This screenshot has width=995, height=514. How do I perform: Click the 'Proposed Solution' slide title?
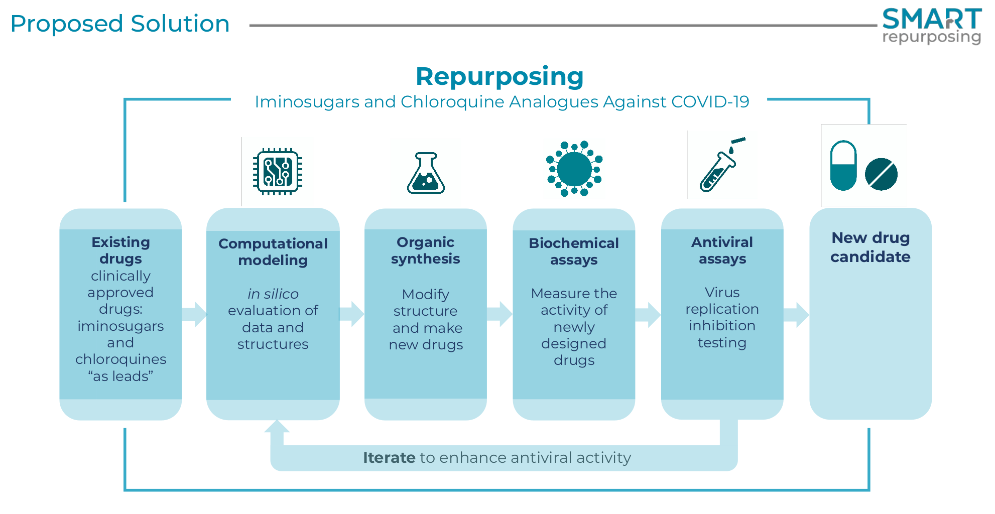tap(120, 24)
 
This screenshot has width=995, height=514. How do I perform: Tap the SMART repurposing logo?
tap(931, 26)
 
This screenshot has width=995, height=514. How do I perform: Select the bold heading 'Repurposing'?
tap(500, 77)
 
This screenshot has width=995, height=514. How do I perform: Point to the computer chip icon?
tap(278, 172)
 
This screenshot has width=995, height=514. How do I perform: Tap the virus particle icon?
tap(574, 169)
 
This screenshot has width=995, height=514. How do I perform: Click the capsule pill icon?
tap(843, 166)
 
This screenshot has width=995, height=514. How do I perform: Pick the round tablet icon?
tap(881, 174)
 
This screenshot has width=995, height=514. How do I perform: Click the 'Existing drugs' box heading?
tap(120, 250)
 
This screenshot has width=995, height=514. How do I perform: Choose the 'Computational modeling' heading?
tap(273, 252)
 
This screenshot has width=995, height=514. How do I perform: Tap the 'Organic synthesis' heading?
tap(425, 250)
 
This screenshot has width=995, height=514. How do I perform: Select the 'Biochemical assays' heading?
tap(574, 251)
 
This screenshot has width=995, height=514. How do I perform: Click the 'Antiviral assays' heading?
tap(722, 250)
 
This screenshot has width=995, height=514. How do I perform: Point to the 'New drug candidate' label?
tap(870, 247)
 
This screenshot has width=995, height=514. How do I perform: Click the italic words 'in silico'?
tap(273, 294)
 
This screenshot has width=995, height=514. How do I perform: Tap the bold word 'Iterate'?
tap(389, 458)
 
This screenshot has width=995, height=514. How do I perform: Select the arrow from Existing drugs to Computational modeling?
tap(194, 315)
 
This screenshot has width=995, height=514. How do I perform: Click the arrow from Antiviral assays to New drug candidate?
tap(796, 315)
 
